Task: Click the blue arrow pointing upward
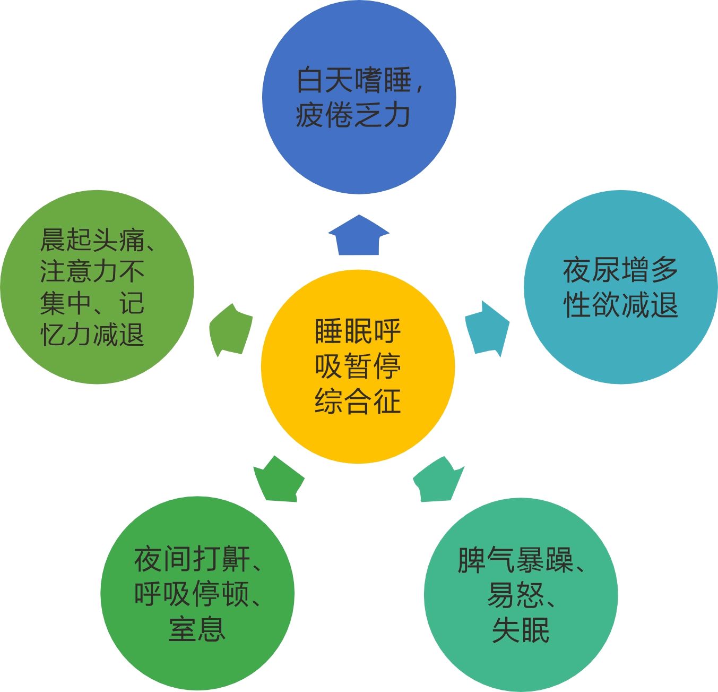(x=359, y=237)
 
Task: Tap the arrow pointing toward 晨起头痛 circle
(x=230, y=330)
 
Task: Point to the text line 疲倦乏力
(x=353, y=115)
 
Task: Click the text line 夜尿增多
(x=620, y=270)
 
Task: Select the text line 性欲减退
(x=620, y=305)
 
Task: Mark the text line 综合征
(x=358, y=401)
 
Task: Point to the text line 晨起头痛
(x=92, y=240)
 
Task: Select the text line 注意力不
(x=92, y=271)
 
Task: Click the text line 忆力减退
(x=92, y=335)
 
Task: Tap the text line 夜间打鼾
(x=192, y=559)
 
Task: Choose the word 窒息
(x=197, y=629)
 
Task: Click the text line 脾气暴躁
(x=515, y=560)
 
